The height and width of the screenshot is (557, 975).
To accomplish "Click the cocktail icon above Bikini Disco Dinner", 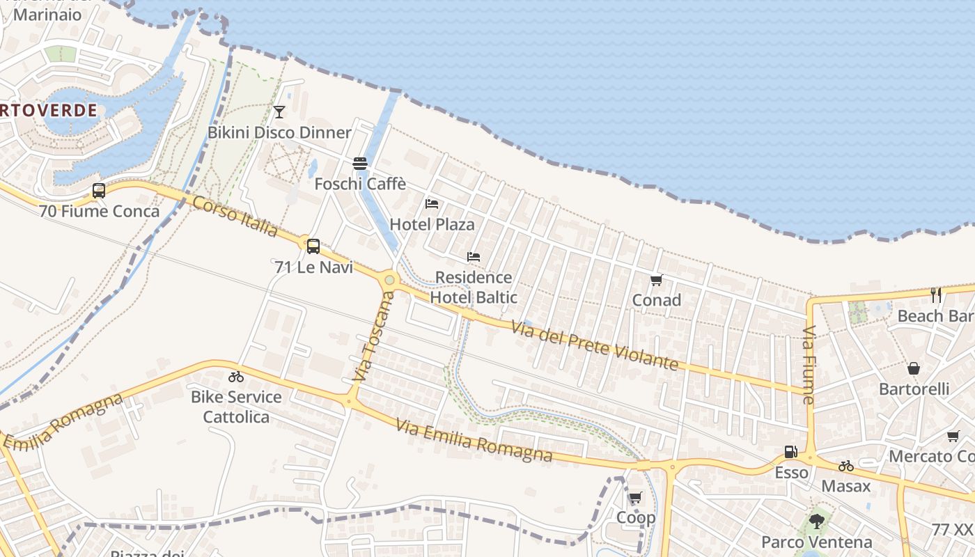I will pos(279,112).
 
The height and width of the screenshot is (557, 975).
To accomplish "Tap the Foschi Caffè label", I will pos(360,184).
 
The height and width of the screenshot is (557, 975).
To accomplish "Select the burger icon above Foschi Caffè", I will pos(360,164).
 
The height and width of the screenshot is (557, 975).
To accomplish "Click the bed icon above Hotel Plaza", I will pos(432,204).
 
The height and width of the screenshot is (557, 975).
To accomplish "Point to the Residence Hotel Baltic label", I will pos(474,288).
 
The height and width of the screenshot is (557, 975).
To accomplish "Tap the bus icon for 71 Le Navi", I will pos(313,246).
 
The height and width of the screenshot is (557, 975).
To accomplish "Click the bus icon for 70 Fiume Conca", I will pos(99,190).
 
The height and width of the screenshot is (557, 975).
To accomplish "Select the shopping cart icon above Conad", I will pos(656,280).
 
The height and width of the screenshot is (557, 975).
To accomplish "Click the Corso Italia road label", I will pos(235,216).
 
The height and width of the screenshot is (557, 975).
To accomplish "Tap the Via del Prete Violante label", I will pos(595,345).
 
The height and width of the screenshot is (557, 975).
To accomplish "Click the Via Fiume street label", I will pos(809,365).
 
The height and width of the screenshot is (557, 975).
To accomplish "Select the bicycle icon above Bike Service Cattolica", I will pos(236,377).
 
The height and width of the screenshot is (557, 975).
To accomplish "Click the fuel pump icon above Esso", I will pos(790,452).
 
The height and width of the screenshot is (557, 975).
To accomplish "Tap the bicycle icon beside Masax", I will pos(846,466).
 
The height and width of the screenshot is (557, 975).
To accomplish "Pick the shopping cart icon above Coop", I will pos(635,498).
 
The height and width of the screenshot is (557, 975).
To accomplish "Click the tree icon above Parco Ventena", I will pos(817,521).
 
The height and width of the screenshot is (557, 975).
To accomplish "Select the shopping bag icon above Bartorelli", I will pos(914,368).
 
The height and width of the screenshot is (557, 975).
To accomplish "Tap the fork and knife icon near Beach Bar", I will pos(936,295).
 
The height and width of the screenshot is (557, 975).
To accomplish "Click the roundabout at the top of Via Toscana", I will pos(389,281).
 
